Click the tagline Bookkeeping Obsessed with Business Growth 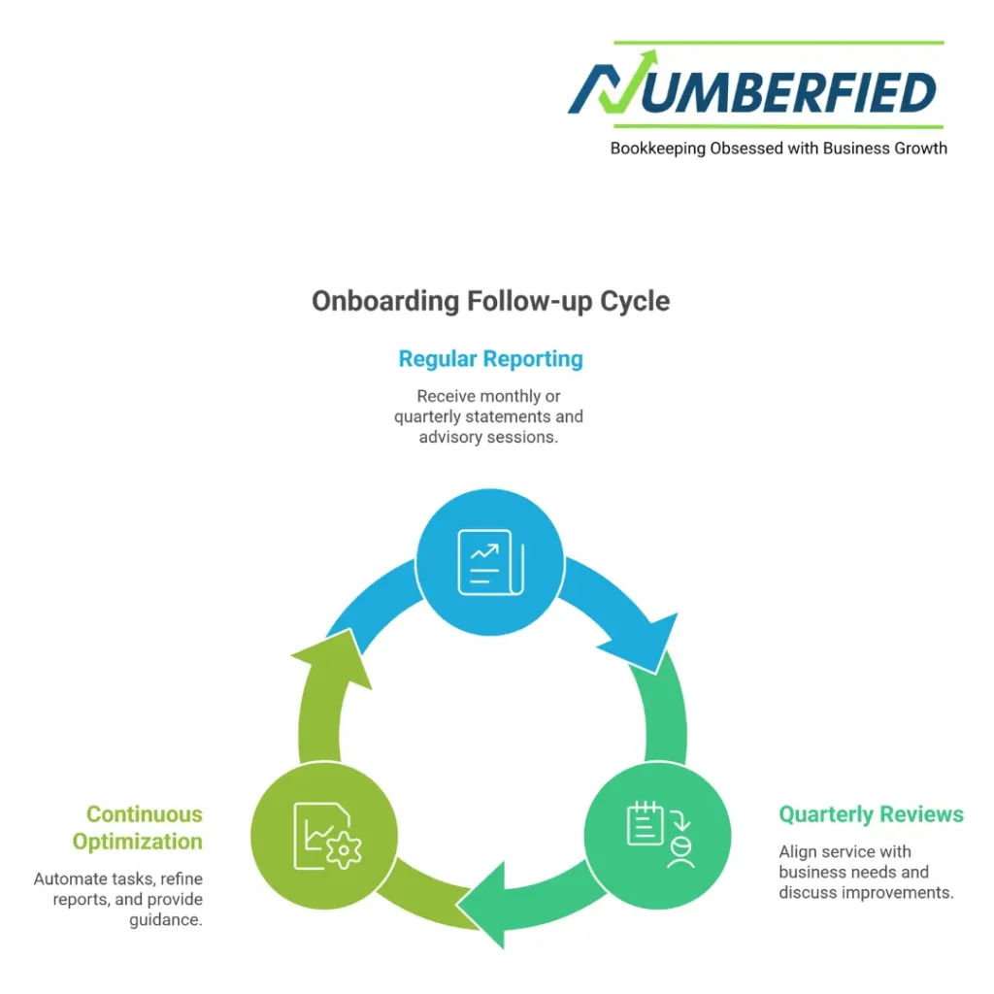click(779, 149)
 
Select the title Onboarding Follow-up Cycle click(490, 301)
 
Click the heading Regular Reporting click(490, 359)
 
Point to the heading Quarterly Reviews click(871, 813)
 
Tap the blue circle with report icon click(490, 562)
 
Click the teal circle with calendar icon click(657, 836)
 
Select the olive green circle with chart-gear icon click(324, 836)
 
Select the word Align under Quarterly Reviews click(797, 851)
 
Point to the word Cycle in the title click(635, 301)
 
